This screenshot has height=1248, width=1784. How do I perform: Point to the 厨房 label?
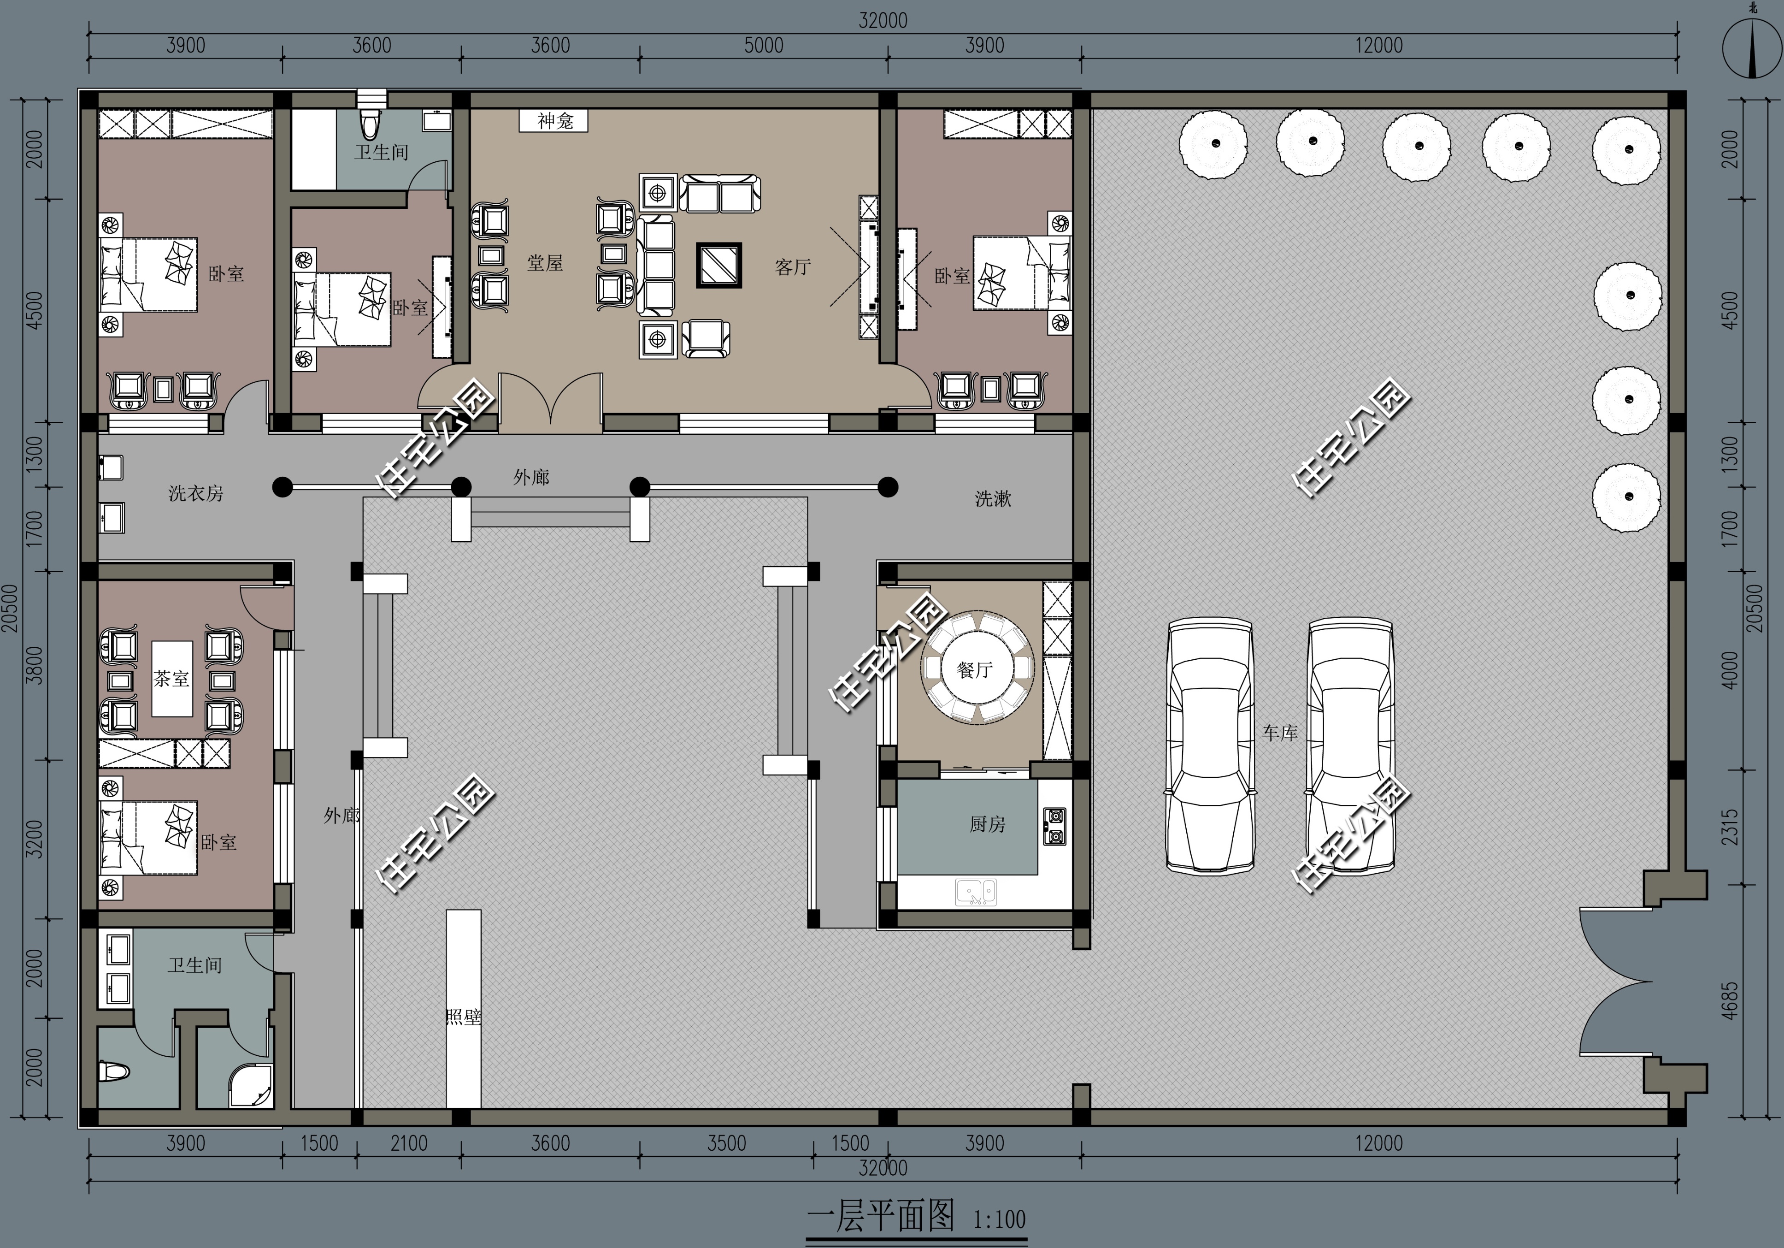(x=988, y=824)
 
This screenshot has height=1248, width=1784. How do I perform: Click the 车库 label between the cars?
(x=1280, y=733)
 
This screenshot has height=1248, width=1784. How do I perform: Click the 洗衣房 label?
(x=196, y=493)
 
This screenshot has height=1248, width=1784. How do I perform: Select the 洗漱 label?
(x=993, y=499)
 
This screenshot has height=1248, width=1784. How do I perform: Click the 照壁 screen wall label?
(x=463, y=1017)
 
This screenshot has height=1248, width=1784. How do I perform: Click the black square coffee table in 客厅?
(x=719, y=266)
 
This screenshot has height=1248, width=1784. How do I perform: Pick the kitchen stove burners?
(x=1055, y=826)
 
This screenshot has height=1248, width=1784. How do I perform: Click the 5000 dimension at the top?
(x=764, y=45)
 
